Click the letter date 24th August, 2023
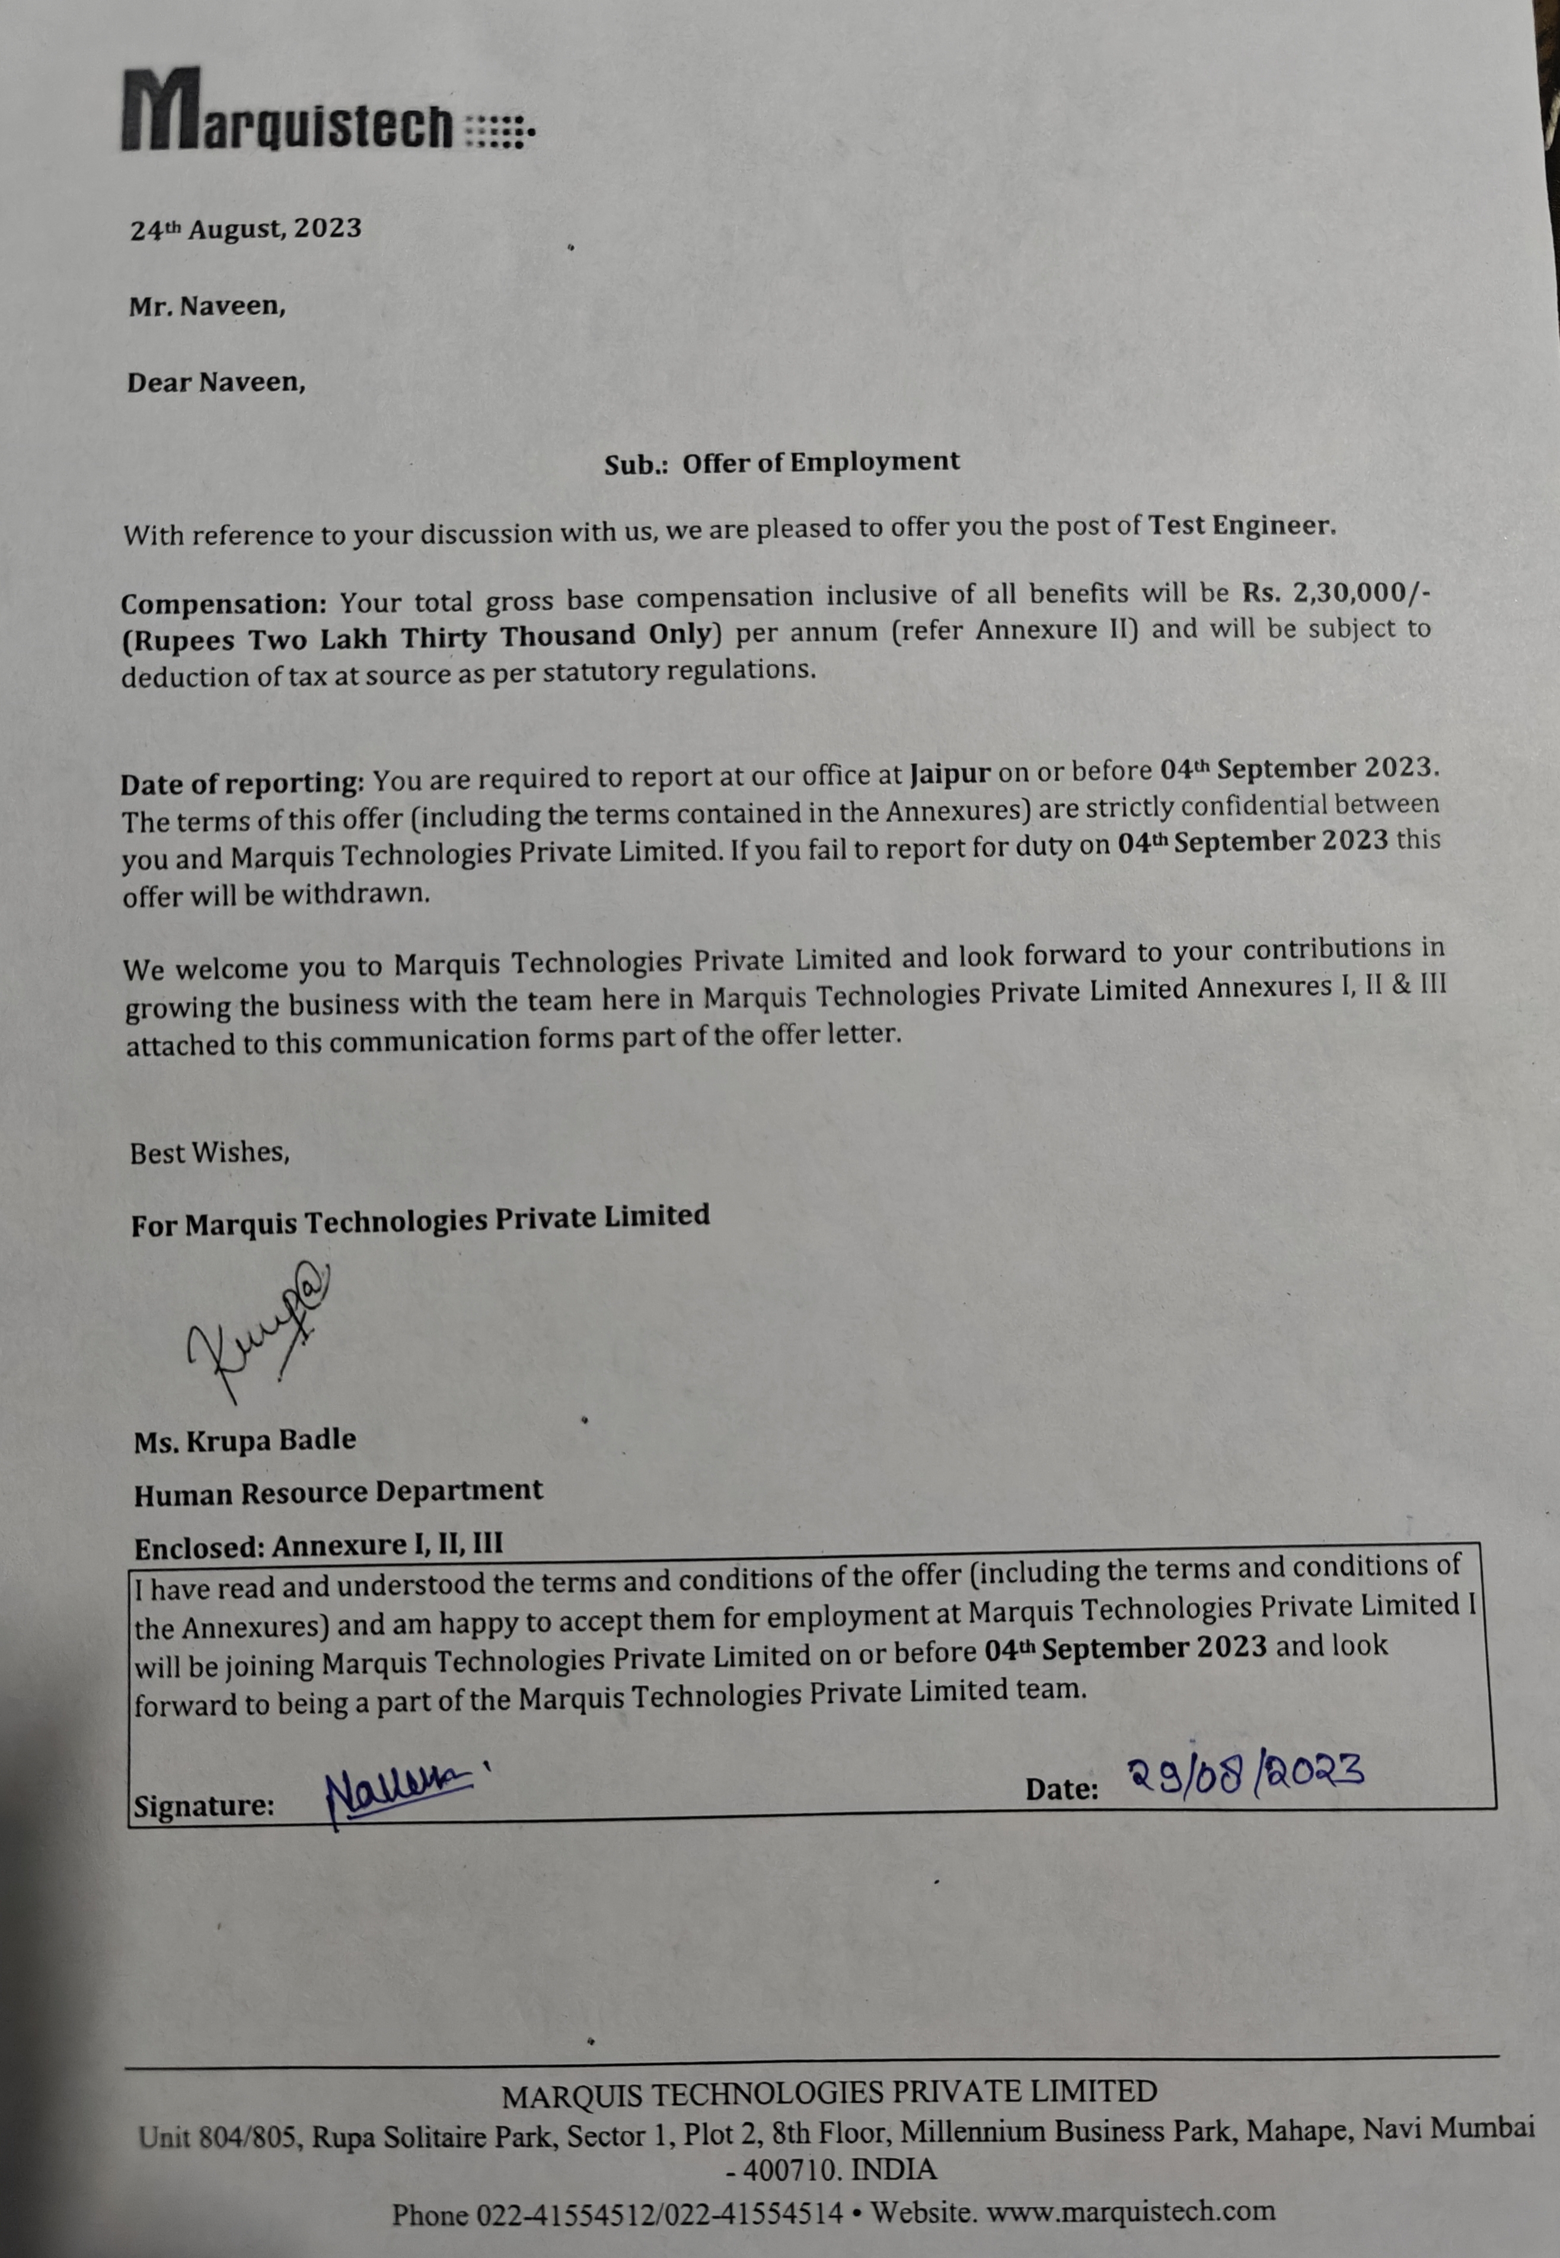click(x=246, y=229)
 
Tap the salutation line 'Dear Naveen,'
click(x=216, y=382)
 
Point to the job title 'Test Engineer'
click(x=1239, y=526)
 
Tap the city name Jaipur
click(x=949, y=774)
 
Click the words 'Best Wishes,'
click(x=209, y=1153)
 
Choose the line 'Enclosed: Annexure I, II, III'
click(x=318, y=1545)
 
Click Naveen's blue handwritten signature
click(x=397, y=1795)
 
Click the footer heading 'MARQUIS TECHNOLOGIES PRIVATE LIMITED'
click(x=829, y=2092)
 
